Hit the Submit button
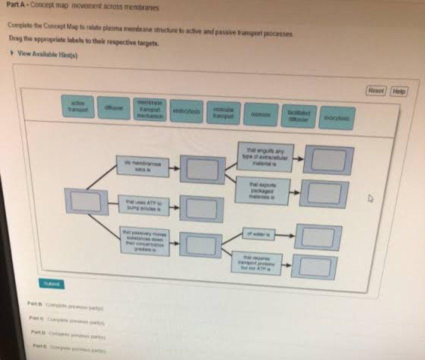pos(51,283)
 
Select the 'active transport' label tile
pos(78,106)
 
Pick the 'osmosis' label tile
pos(261,115)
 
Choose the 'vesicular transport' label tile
pos(224,113)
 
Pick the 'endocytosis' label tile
pos(187,111)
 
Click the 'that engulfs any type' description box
pos(265,156)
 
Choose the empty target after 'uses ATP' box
pos(201,209)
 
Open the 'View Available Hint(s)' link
pos(44,55)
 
